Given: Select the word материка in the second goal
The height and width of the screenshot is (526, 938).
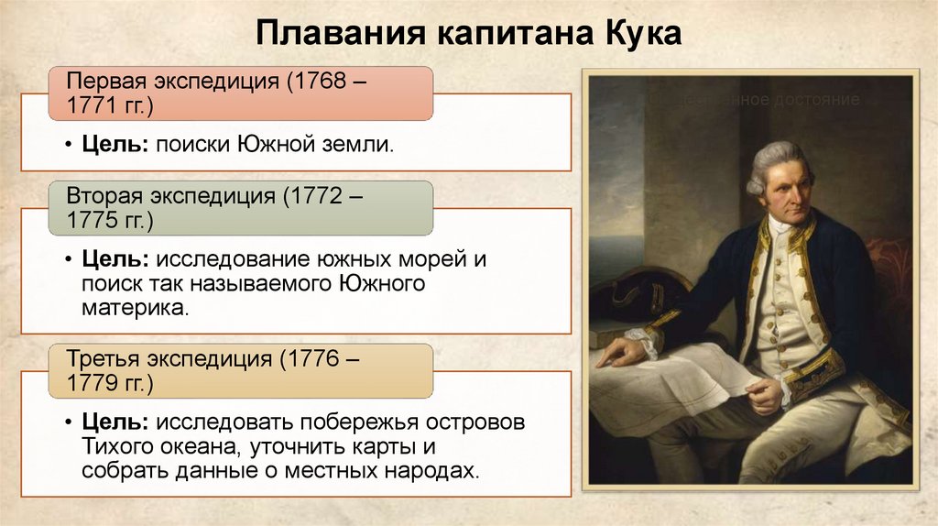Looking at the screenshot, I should point(134,308).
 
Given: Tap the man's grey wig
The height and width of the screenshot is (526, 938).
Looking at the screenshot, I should point(769,161).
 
